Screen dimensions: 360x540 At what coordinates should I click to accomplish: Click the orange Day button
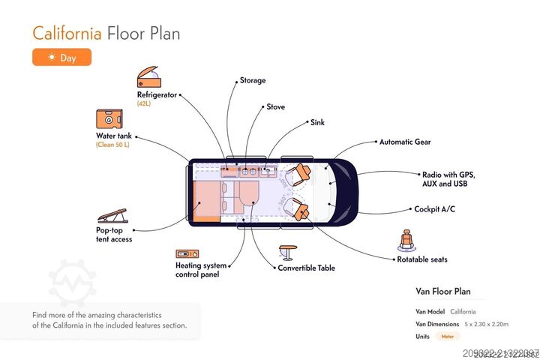tap(61, 57)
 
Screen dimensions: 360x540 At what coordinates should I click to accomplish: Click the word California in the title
tap(67, 34)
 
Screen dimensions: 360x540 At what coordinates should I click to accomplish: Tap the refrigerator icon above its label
tap(148, 78)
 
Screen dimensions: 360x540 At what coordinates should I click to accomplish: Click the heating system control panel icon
tap(185, 254)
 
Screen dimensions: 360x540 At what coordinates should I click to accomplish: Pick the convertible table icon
tap(288, 251)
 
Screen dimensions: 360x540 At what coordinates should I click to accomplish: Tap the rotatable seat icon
tap(407, 241)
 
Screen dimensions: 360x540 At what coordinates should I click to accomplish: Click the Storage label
tap(253, 80)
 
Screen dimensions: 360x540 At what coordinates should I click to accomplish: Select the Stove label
tap(275, 106)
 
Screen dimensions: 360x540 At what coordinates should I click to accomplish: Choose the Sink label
tap(317, 121)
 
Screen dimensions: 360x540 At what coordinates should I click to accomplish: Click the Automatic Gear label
tap(405, 142)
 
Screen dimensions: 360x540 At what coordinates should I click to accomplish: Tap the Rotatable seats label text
tap(421, 259)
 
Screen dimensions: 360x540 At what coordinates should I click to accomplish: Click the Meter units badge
tap(448, 337)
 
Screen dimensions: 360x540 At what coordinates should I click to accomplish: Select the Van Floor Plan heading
tap(443, 292)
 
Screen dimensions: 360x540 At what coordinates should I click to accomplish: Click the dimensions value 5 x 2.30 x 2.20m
tap(486, 324)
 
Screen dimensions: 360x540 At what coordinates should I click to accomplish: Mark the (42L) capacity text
tap(144, 103)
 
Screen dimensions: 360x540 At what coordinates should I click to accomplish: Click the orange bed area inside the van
tap(208, 202)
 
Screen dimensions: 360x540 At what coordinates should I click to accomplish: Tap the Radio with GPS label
tap(448, 174)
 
